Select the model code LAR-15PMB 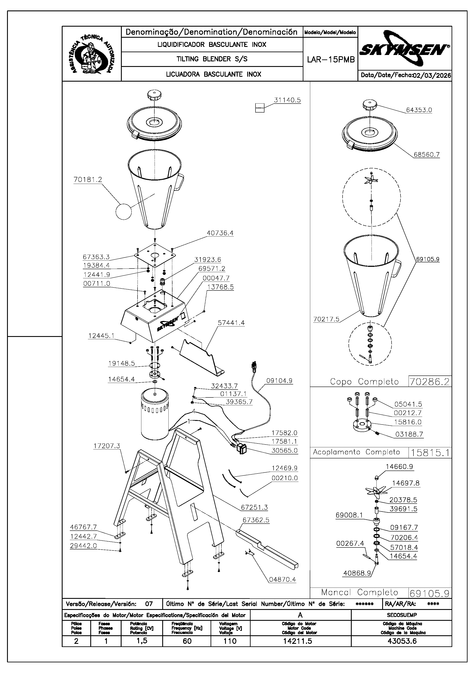click(331, 60)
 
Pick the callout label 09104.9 click(279, 381)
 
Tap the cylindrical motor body click(155, 416)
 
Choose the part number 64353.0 click(419, 110)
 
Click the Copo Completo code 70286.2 click(430, 382)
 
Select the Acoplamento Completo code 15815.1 click(430, 453)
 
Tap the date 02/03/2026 click(432, 75)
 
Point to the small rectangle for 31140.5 click(260, 108)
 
